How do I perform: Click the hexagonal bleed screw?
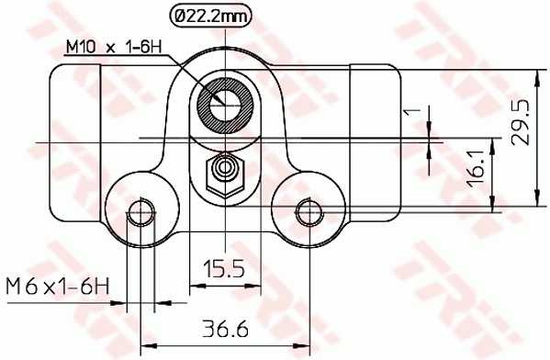click(x=223, y=171)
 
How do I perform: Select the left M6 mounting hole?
click(x=140, y=213)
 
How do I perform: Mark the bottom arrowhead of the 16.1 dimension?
click(x=496, y=208)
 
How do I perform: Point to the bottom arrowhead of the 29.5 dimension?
click(x=534, y=208)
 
